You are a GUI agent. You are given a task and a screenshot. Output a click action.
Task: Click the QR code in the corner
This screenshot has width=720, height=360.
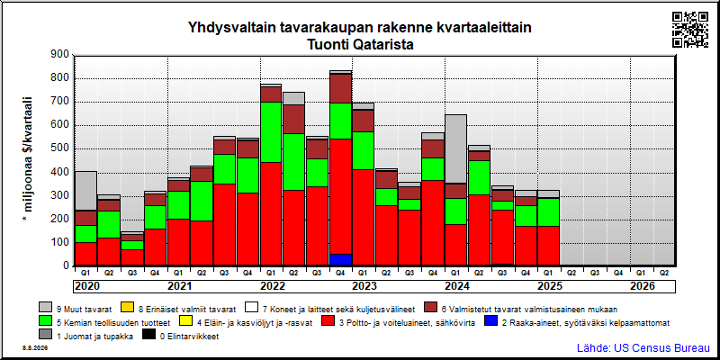(x=690, y=30)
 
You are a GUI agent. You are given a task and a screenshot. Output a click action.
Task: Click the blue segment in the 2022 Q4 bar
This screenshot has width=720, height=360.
(x=341, y=260)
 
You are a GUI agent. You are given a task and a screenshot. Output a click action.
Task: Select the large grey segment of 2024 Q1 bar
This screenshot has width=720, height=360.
(x=456, y=148)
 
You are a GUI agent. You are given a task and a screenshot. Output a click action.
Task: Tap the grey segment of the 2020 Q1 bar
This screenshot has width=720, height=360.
(x=85, y=191)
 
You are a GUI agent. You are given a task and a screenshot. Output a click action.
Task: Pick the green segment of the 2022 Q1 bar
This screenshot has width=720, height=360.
(x=271, y=132)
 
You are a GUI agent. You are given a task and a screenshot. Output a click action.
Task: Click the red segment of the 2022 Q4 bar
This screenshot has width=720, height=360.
(x=341, y=196)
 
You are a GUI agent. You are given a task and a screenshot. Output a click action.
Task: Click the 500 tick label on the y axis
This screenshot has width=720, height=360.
(x=59, y=148)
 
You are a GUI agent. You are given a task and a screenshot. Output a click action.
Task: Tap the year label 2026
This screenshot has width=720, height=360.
(x=642, y=286)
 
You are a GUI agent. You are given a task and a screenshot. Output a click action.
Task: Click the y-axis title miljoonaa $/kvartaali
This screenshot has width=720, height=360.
(x=28, y=158)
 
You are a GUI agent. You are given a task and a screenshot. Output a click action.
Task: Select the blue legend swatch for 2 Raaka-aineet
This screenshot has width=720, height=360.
(x=490, y=322)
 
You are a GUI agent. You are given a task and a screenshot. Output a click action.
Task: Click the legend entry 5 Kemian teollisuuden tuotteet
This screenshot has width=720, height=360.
(x=105, y=322)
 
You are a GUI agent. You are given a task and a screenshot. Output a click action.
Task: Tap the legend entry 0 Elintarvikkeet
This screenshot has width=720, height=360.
(x=182, y=336)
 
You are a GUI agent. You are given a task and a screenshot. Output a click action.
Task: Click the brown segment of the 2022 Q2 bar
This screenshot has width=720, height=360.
(x=294, y=119)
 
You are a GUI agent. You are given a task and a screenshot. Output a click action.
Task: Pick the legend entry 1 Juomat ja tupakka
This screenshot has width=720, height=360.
(x=85, y=336)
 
